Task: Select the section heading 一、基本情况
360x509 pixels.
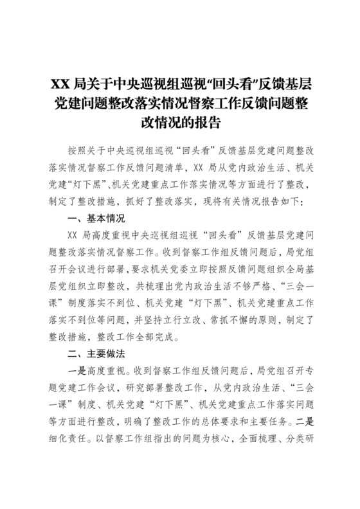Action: pyautogui.click(x=95, y=218)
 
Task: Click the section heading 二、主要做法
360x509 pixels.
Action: pyautogui.click(x=95, y=353)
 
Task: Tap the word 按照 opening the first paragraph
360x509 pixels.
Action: pyautogui.click(x=75, y=150)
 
